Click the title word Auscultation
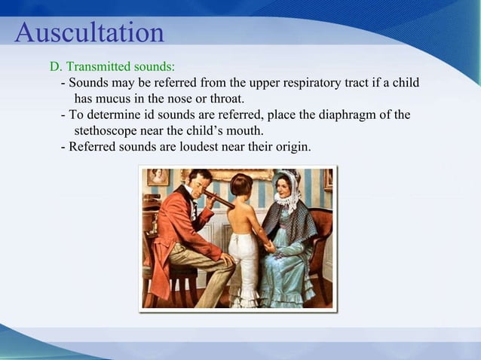tap(89, 32)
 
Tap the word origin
tap(291, 147)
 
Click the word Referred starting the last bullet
tap(93, 147)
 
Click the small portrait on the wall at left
tap(158, 177)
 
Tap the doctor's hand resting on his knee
tap(227, 259)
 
